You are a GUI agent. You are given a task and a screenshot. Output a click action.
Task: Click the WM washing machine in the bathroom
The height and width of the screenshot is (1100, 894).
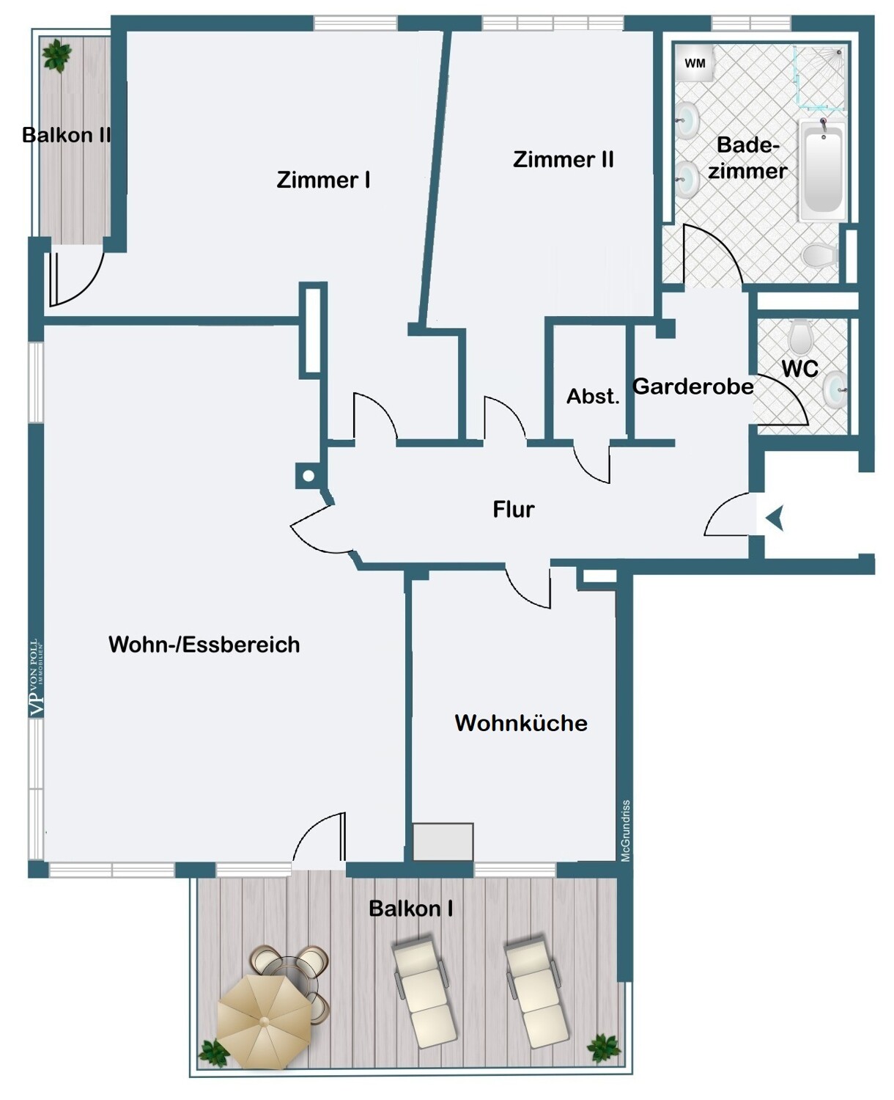coord(695,63)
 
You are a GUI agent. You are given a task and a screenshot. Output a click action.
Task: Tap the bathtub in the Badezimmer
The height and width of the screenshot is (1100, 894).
coord(822,169)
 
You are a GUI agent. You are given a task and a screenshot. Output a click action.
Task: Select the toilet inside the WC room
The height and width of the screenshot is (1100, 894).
coord(800,336)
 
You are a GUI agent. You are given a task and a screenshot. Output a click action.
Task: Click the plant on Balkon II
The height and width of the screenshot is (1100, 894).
coord(56,55)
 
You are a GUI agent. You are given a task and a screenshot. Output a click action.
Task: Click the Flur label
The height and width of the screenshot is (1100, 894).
coord(513,509)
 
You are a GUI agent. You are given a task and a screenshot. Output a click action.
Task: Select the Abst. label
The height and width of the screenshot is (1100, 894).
coord(593,396)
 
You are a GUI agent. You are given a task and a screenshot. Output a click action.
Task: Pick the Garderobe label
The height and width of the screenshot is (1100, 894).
coord(692,386)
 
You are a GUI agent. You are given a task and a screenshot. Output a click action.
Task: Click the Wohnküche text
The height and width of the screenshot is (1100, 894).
coord(521,723)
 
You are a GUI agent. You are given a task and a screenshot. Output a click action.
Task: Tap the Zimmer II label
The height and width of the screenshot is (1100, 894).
coord(564,159)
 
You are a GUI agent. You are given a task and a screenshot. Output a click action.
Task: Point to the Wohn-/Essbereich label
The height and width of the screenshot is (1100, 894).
coord(204,645)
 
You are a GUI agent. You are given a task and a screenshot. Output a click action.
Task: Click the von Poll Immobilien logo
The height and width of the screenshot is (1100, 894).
coord(37,678)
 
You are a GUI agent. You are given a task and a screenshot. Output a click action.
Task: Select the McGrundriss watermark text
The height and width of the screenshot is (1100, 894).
coord(626,831)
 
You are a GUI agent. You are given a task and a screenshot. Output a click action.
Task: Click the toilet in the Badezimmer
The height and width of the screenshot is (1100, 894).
coord(819,254)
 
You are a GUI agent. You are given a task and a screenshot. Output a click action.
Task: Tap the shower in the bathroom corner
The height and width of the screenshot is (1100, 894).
coord(820,78)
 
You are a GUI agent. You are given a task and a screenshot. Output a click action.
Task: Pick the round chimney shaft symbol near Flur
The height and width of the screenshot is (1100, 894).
coord(309,476)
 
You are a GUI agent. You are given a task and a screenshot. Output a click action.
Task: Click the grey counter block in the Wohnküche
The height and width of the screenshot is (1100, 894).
coord(443,841)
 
